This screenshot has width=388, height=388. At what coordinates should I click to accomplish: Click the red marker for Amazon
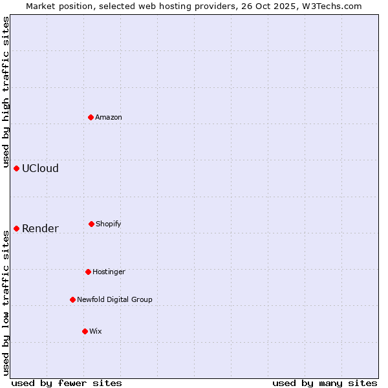pyautogui.click(x=91, y=117)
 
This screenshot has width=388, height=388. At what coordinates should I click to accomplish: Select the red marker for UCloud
pyautogui.click(x=17, y=168)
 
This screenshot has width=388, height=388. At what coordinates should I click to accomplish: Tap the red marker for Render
pyautogui.click(x=17, y=228)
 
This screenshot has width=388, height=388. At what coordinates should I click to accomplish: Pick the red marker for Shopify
pyautogui.click(x=91, y=224)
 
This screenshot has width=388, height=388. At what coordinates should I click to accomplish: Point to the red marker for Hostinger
pyautogui.click(x=88, y=272)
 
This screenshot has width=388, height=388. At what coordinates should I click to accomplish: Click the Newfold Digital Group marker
pyautogui.click(x=72, y=299)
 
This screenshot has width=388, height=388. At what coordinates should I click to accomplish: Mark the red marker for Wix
pyautogui.click(x=85, y=331)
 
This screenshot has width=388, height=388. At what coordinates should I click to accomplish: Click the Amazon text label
pyautogui.click(x=109, y=117)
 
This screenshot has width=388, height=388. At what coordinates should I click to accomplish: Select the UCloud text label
pyautogui.click(x=40, y=168)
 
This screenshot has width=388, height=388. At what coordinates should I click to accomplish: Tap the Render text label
pyautogui.click(x=40, y=228)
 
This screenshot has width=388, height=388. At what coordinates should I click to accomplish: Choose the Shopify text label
pyautogui.click(x=109, y=224)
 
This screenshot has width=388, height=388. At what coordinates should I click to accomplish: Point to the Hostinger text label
pyautogui.click(x=109, y=272)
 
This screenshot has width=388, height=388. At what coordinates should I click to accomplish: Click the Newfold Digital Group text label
pyautogui.click(x=114, y=299)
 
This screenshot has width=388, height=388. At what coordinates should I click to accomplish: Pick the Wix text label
pyautogui.click(x=95, y=331)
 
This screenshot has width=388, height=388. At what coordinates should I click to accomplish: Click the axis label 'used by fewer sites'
pyautogui.click(x=67, y=383)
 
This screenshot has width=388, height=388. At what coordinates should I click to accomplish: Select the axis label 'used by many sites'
pyautogui.click(x=325, y=383)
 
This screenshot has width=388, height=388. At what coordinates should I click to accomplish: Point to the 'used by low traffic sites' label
pyautogui.click(x=6, y=303)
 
